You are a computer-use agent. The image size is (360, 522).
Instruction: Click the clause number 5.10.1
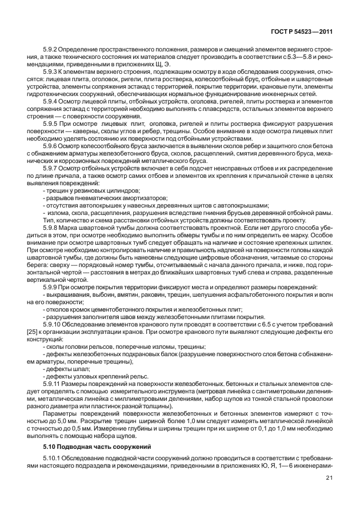tap(53, 459)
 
